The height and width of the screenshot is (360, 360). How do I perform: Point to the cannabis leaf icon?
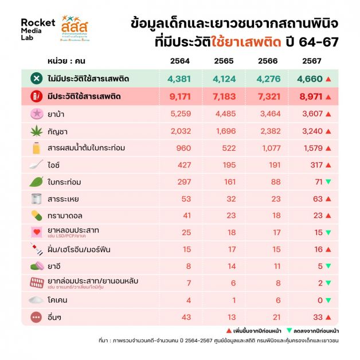tap(37, 131)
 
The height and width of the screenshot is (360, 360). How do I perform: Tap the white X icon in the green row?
tap(36, 79)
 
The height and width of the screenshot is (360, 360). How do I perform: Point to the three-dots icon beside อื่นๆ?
tap(37, 317)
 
